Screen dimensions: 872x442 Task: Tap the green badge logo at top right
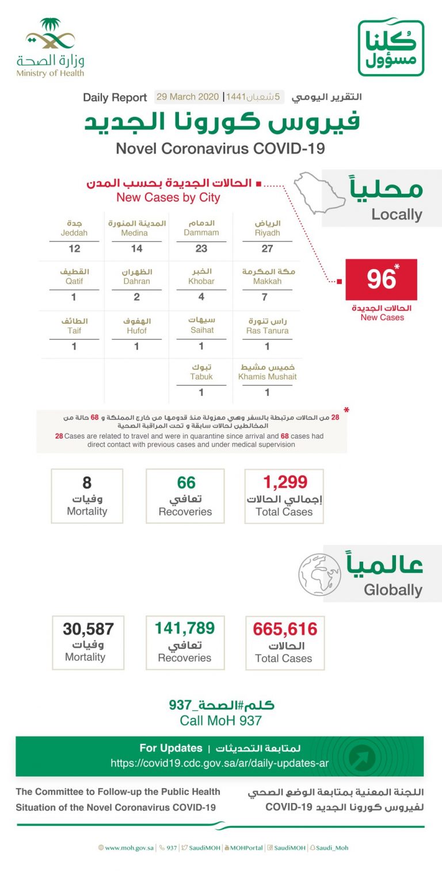pos(391,47)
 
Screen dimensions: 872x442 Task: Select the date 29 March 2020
pos(188,97)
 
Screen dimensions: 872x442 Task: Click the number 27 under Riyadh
pos(267,249)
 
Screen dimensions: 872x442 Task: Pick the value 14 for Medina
pos(136,249)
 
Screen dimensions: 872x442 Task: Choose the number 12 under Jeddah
pos(74,249)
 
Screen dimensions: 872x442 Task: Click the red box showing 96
pos(381,279)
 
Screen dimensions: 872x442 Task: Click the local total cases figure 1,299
pos(285,482)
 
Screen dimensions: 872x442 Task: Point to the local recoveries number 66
pos(186,482)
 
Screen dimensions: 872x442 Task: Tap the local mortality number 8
pos(87,482)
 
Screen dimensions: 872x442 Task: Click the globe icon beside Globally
pos(319,574)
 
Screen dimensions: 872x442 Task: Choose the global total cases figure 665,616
pos(285,629)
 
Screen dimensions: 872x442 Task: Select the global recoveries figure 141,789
pos(185,628)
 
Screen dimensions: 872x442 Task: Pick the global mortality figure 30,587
pos(88,629)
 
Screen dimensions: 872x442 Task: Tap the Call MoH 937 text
pos(220,721)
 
